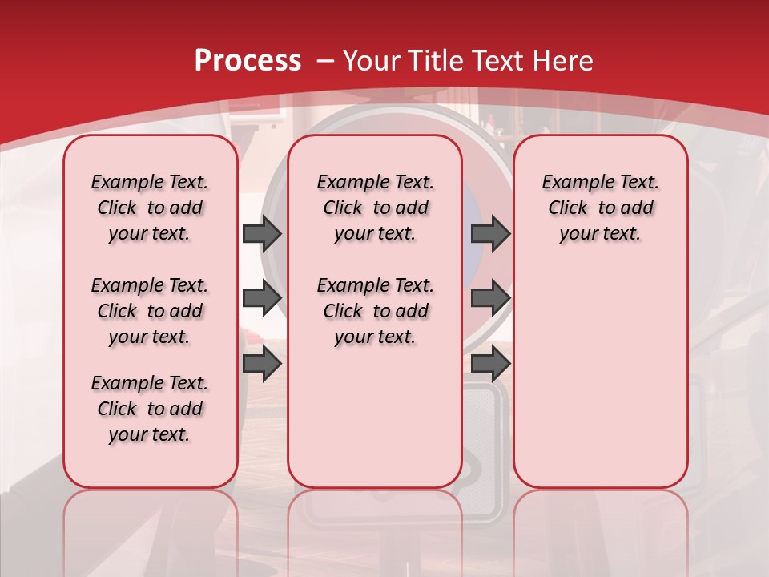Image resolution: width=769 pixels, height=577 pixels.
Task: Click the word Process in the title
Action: coord(248,61)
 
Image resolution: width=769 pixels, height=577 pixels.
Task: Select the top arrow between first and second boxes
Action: coord(262,233)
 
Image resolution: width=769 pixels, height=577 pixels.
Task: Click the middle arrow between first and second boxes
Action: coord(262,298)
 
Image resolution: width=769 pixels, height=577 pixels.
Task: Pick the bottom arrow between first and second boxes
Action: coord(262,364)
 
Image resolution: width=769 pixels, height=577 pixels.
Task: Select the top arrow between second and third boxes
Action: coord(490,233)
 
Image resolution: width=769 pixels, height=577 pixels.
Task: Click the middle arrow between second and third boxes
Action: coord(490,298)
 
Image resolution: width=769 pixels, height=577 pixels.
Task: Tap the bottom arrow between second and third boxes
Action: coord(490,364)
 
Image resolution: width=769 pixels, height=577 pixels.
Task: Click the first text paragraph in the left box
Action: coord(150,208)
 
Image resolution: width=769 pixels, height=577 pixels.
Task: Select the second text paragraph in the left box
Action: coord(150,311)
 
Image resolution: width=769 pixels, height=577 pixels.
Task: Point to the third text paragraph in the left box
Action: coord(150,409)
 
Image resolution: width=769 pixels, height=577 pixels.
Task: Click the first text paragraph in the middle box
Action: coord(375,208)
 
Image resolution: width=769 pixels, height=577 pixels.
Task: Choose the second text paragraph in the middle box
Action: coord(375,311)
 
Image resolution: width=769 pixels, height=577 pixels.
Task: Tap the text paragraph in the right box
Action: coord(600,208)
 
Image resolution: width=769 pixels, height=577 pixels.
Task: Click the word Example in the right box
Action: coord(570,183)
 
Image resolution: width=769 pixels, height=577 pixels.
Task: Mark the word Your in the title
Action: coord(372,61)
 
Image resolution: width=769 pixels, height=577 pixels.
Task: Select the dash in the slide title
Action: coord(325,61)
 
